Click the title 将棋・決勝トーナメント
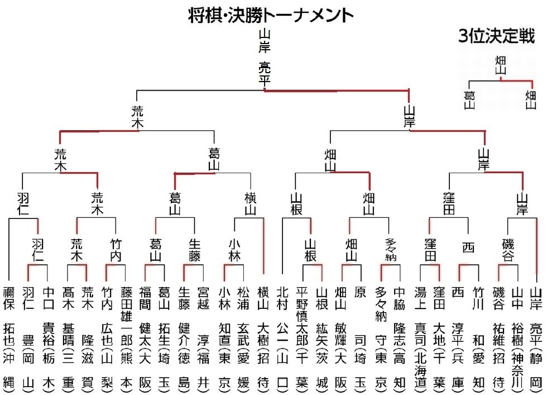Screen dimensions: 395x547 (271, 15)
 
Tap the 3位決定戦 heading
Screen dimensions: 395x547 (496, 37)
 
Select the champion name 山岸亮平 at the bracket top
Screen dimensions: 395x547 (265, 59)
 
